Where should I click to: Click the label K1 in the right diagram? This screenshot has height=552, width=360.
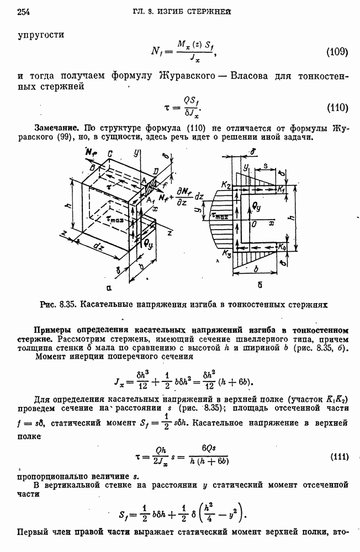point(283,189)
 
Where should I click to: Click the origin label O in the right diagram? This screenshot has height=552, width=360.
point(253,224)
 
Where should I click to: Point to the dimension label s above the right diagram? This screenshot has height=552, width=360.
point(268,165)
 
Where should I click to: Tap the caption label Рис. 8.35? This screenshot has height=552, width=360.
point(59,304)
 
